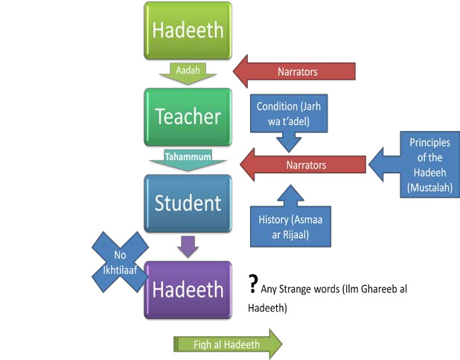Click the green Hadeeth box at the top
[x=188, y=30]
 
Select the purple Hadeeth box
[x=188, y=290]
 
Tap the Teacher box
[x=188, y=117]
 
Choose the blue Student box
[x=188, y=204]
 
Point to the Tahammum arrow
[x=188, y=160]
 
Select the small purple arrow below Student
[x=188, y=246]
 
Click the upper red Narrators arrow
[x=294, y=71]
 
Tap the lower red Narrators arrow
[x=303, y=164]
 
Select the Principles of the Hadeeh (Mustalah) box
[x=429, y=164]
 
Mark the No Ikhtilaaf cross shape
[x=120, y=262]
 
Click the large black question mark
[x=253, y=283]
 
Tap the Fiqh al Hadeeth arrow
[x=228, y=344]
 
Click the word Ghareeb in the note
[x=380, y=289]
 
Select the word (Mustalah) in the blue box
[x=429, y=187]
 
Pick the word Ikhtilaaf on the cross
[x=120, y=270]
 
